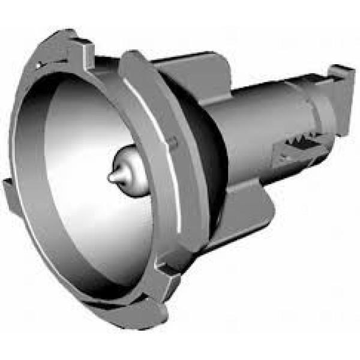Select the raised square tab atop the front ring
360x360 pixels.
82,48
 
